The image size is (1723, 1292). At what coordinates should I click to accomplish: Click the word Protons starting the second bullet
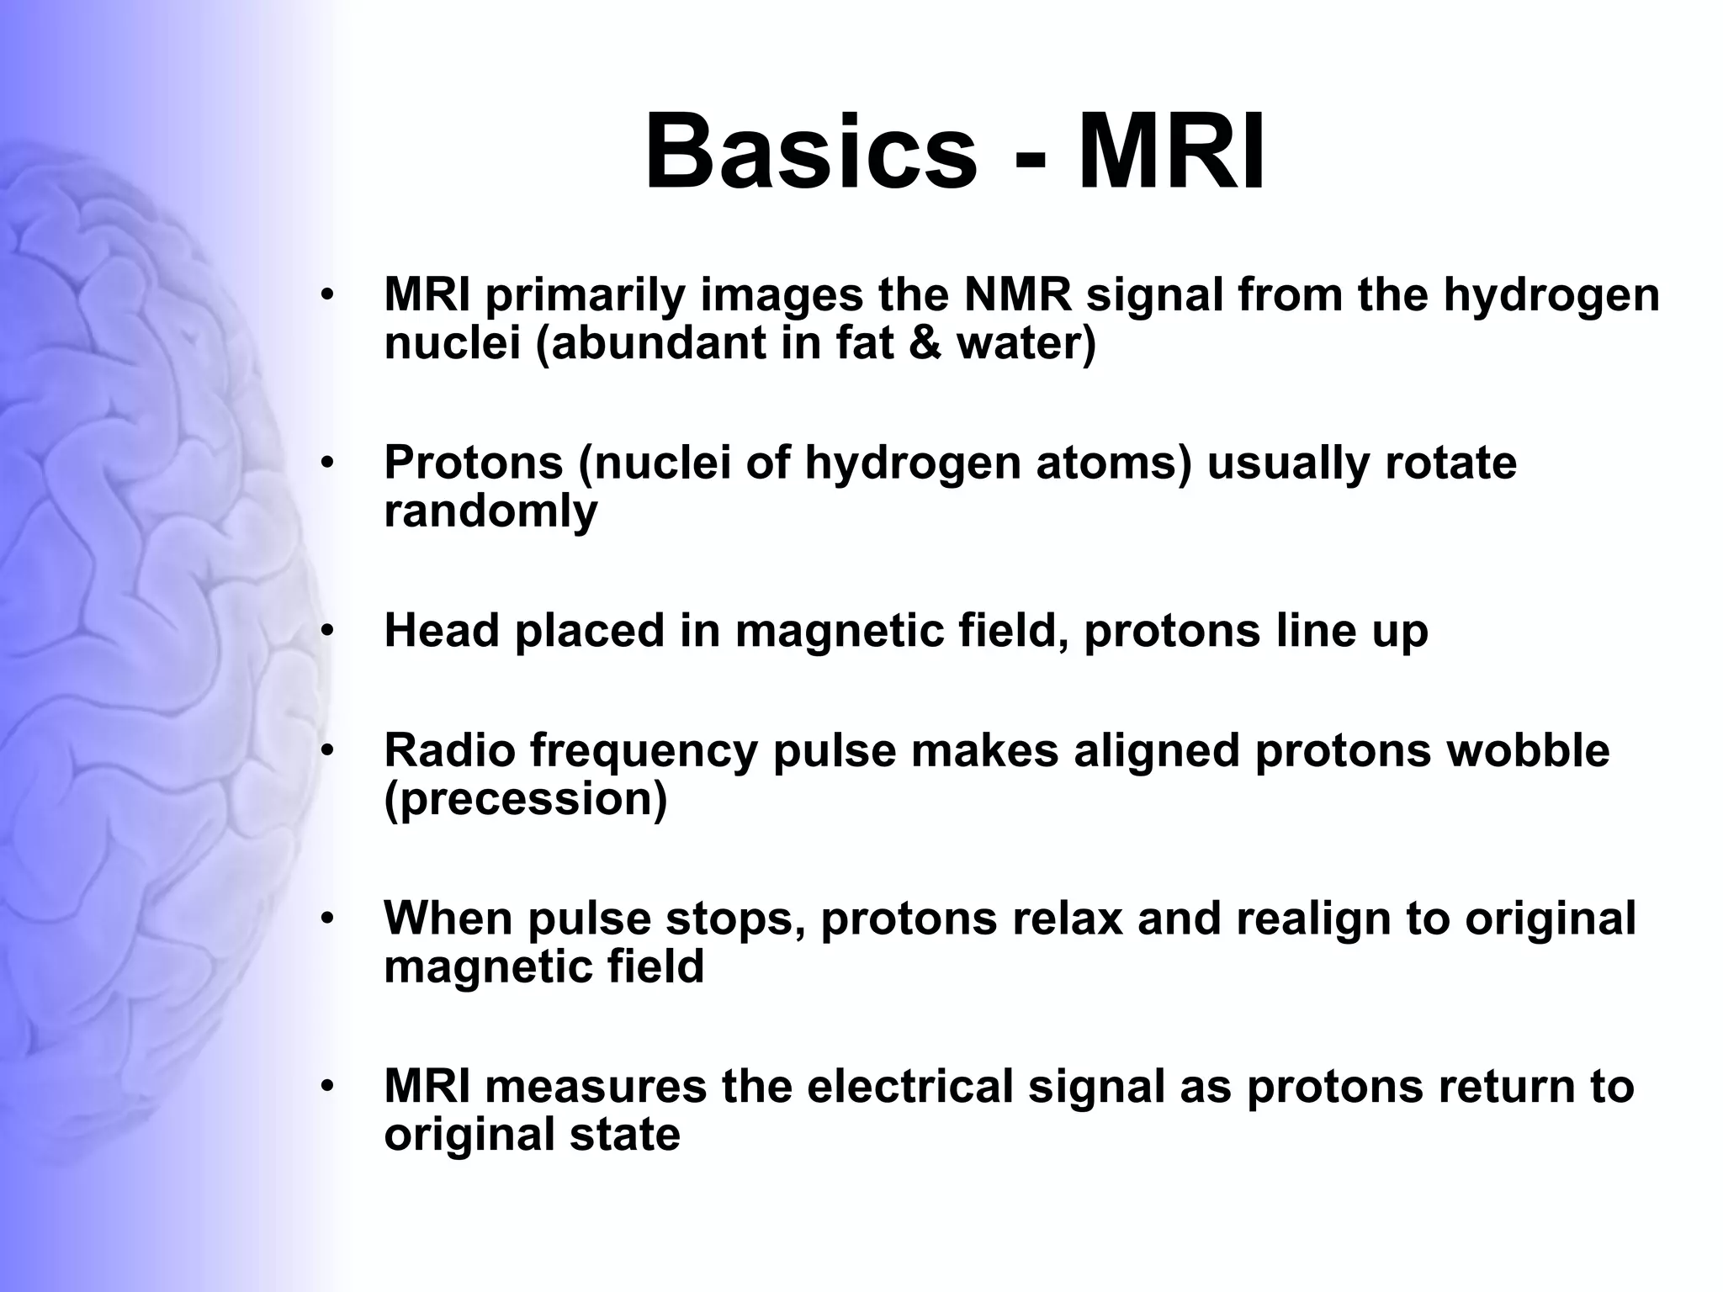(x=473, y=463)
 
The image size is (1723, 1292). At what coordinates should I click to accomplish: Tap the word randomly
(x=490, y=511)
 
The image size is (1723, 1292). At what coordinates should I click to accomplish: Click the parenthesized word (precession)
(x=526, y=799)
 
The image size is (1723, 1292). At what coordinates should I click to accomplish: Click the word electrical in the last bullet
(x=910, y=1086)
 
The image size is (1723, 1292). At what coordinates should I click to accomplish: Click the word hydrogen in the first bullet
(x=1552, y=296)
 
